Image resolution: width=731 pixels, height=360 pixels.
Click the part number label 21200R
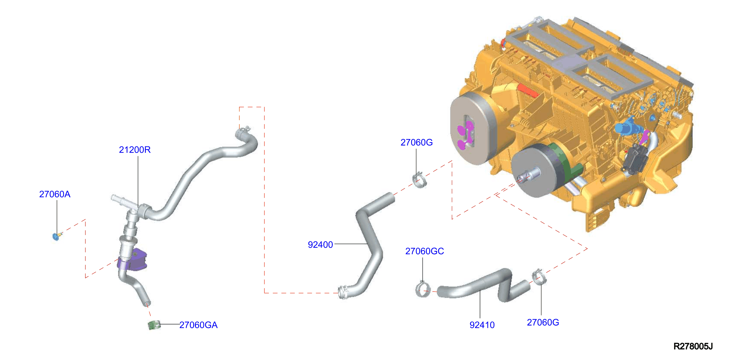point(135,150)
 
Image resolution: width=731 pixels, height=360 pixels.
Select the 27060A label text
point(55,194)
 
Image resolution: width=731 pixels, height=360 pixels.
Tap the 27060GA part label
point(198,325)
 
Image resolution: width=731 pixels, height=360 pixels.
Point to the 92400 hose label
point(320,245)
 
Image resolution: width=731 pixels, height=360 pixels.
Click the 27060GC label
point(425,251)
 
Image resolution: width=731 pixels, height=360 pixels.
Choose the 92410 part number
point(482,325)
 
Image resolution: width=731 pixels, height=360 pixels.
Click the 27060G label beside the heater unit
point(417,142)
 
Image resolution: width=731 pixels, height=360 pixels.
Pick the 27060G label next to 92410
point(543,322)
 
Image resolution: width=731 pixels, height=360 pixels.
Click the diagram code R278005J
point(693,346)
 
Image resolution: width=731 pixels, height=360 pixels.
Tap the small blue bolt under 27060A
point(56,236)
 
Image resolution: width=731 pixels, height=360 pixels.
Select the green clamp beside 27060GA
point(154,325)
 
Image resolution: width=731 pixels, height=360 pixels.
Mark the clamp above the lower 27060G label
point(538,277)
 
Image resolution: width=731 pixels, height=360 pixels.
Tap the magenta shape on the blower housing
point(465,135)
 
